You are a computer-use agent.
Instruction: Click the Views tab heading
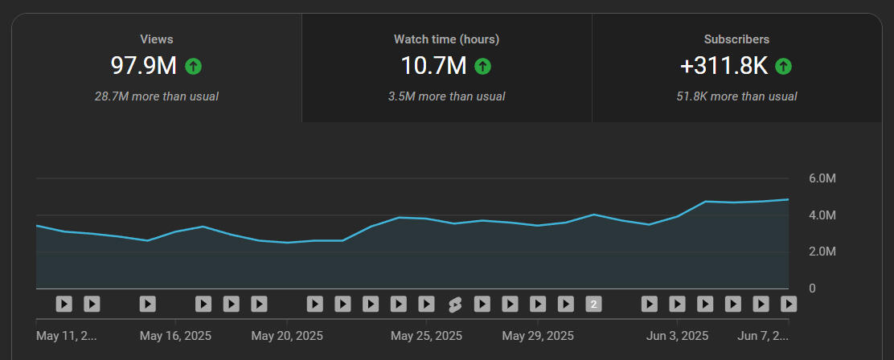click(x=157, y=39)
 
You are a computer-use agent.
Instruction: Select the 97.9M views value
click(x=143, y=66)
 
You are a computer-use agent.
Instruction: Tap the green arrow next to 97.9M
click(x=192, y=66)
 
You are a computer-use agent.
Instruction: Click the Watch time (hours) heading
click(x=446, y=39)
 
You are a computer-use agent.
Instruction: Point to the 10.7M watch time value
click(x=433, y=66)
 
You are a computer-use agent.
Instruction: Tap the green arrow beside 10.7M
click(x=482, y=66)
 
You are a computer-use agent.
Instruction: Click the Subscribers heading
click(x=736, y=39)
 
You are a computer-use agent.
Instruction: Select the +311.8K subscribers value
click(x=724, y=66)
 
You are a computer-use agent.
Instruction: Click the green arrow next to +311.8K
click(x=784, y=66)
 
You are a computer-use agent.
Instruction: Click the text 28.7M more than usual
click(x=157, y=96)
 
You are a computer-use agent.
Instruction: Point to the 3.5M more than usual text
click(x=446, y=96)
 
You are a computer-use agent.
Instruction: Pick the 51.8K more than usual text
click(x=736, y=96)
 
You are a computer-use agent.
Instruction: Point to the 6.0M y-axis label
click(x=822, y=178)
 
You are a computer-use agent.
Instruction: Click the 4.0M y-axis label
click(x=822, y=215)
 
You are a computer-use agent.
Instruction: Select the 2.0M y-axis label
click(x=822, y=252)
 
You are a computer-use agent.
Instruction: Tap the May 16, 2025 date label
click(x=175, y=335)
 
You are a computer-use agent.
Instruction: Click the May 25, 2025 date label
click(x=427, y=335)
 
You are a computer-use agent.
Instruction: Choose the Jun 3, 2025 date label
click(x=677, y=335)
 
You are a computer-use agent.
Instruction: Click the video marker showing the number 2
click(x=593, y=304)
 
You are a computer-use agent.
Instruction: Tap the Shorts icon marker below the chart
click(x=454, y=304)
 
